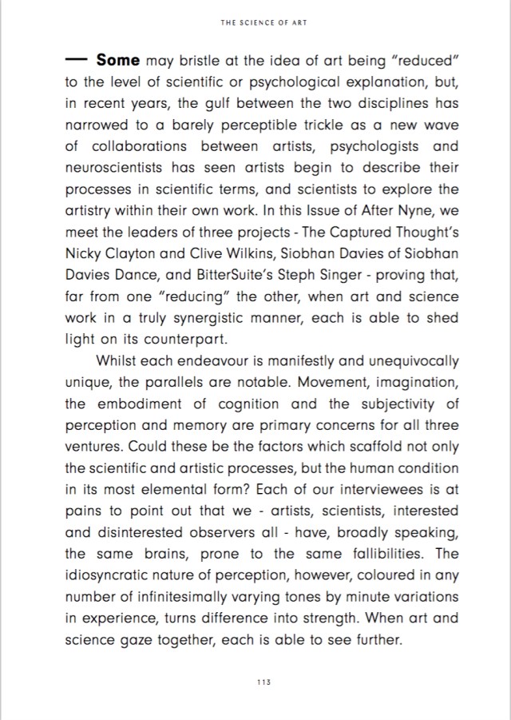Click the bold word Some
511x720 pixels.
click(x=118, y=60)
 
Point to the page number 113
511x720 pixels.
click(x=263, y=681)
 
